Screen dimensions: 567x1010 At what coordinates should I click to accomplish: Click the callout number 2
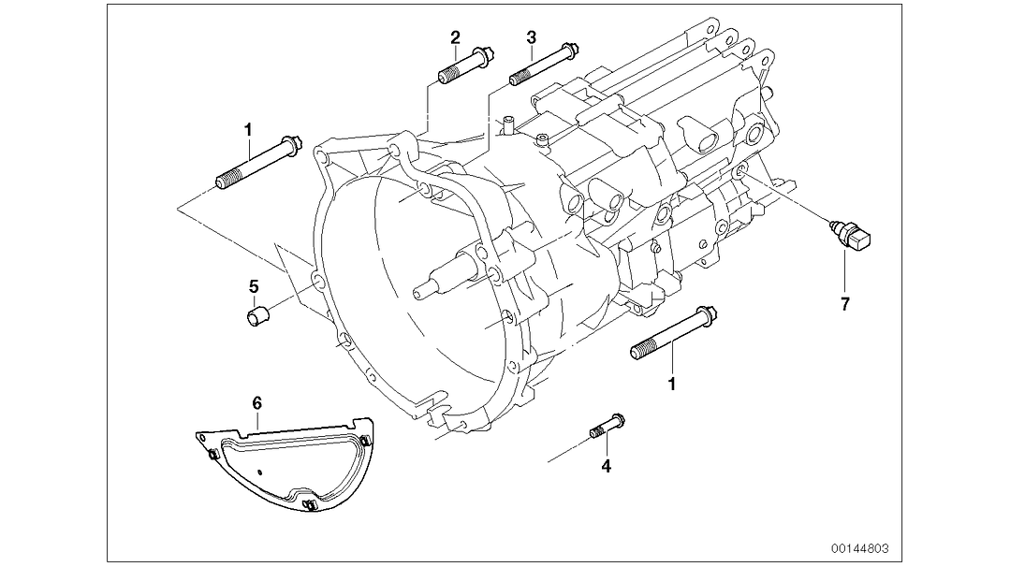coord(455,37)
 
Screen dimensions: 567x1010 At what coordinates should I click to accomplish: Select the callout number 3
coord(531,37)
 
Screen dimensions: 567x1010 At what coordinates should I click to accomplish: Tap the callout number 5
coord(253,286)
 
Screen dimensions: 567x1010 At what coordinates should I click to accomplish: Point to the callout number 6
coord(257,402)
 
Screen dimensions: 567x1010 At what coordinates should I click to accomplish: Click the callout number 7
coord(844,305)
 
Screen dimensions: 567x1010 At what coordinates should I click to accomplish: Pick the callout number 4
coord(606,466)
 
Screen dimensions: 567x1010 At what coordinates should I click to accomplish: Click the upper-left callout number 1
coord(248,128)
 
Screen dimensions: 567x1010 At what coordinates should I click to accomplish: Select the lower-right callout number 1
coord(671,383)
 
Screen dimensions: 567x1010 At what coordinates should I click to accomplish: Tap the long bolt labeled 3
coord(543,66)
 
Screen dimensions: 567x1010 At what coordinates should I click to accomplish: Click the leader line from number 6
coord(257,421)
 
